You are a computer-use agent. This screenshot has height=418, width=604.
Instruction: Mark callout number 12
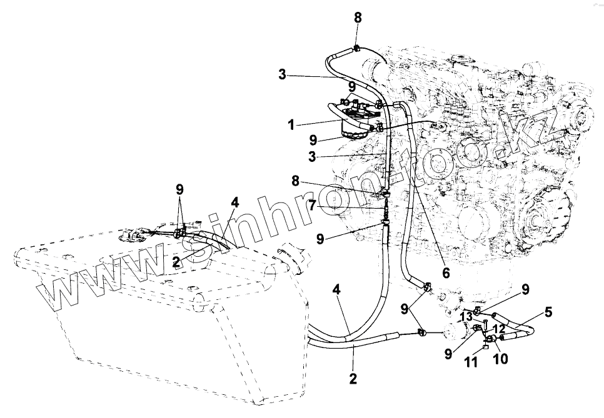pos(498,328)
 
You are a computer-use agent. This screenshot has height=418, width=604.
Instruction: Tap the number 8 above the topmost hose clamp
pos(358,17)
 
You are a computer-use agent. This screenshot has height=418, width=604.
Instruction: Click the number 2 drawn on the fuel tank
pos(177,261)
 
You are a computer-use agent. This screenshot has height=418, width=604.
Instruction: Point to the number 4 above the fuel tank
pos(234,203)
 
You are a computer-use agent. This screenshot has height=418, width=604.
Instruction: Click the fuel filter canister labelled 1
pos(356,128)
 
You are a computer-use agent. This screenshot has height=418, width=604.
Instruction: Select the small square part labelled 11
pos(486,348)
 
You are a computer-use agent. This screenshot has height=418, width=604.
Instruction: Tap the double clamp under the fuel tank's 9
pos(181,234)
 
